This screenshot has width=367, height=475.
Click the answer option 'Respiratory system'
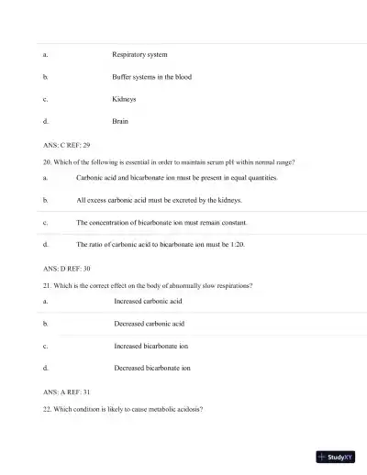(x=139, y=54)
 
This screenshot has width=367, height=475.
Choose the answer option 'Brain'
(x=120, y=121)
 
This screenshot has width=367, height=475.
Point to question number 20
(x=47, y=161)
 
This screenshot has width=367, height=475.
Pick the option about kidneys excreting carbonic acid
(x=159, y=200)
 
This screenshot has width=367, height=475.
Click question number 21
(x=47, y=285)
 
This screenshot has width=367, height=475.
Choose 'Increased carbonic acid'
(x=149, y=301)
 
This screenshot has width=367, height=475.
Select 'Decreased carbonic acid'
(x=150, y=324)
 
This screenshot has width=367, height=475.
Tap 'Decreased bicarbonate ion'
(x=152, y=369)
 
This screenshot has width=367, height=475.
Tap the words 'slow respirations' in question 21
(x=225, y=285)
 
